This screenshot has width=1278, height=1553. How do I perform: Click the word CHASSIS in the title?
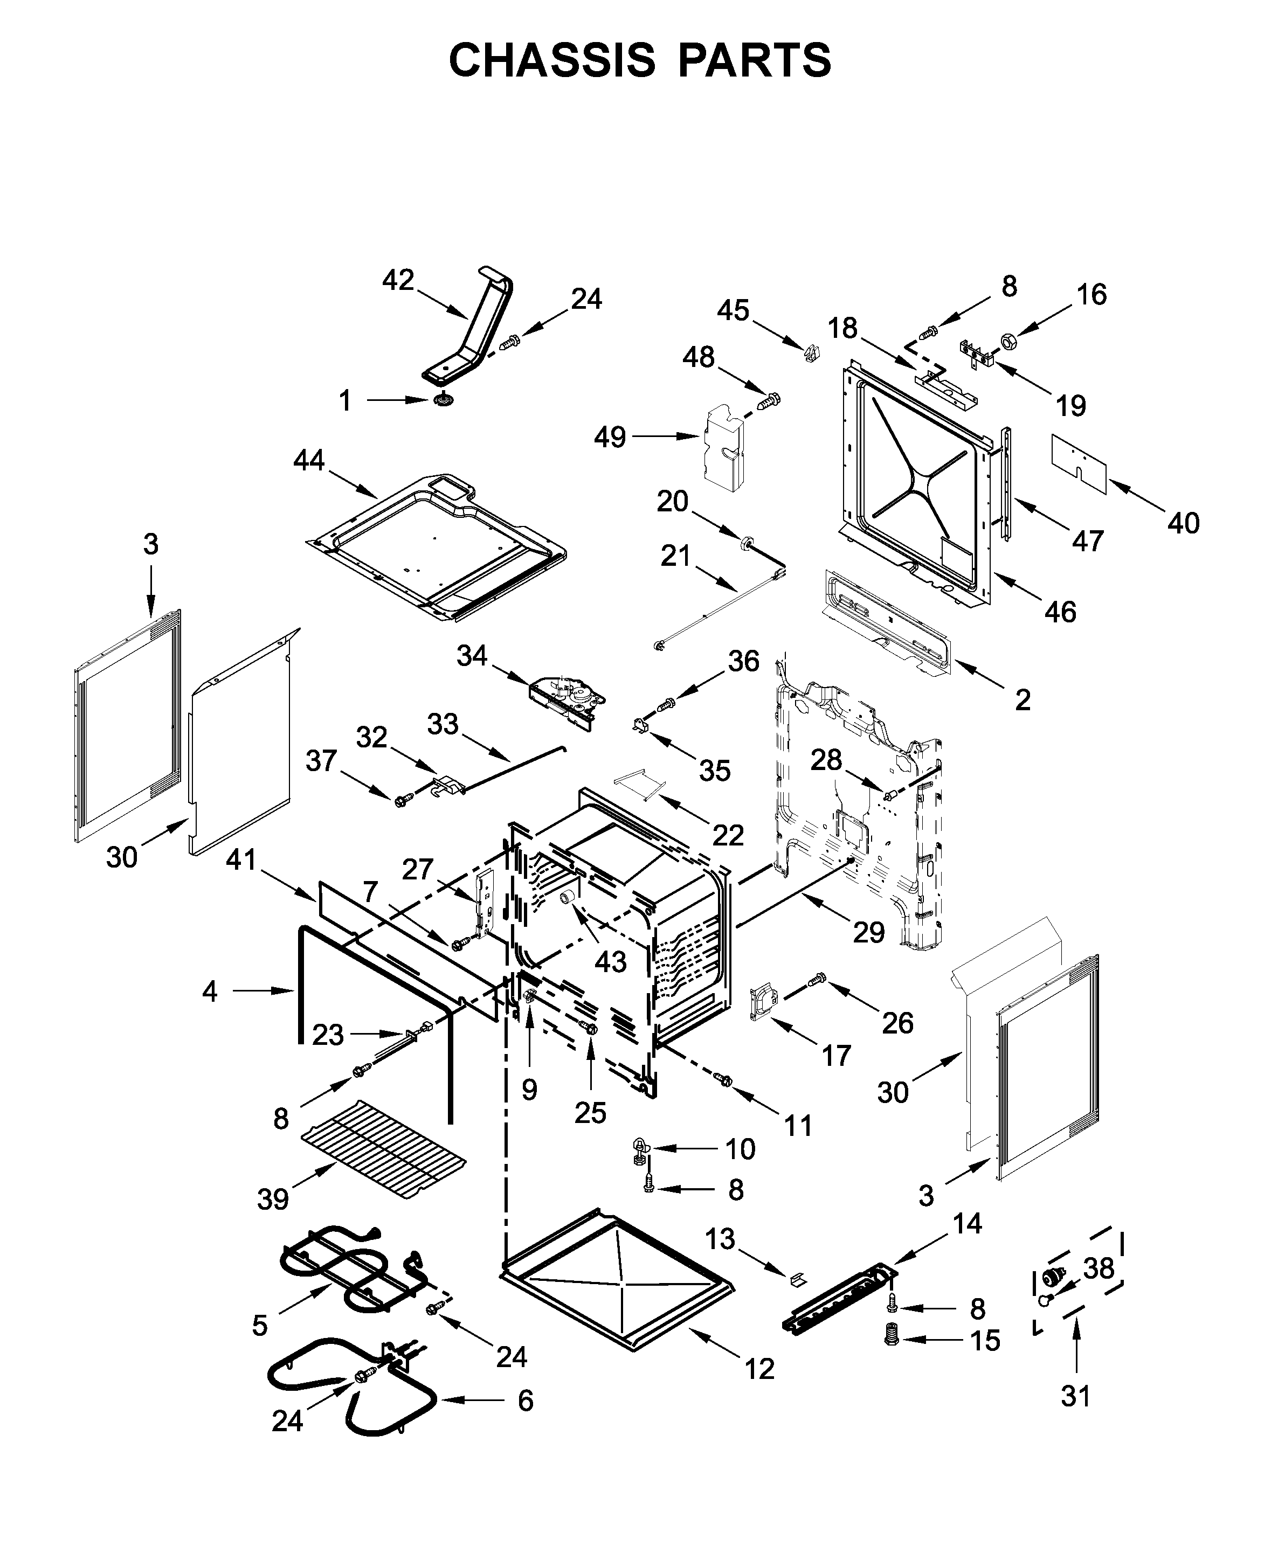pyautogui.click(x=551, y=60)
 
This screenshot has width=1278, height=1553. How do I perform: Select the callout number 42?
pyautogui.click(x=398, y=280)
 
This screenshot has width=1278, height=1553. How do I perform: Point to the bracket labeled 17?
pyautogui.click(x=763, y=1004)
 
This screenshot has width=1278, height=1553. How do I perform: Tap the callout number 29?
pyautogui.click(x=869, y=933)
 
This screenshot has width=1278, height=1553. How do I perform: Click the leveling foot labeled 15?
pyautogui.click(x=892, y=1334)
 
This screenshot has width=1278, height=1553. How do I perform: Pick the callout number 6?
pyautogui.click(x=525, y=1401)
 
